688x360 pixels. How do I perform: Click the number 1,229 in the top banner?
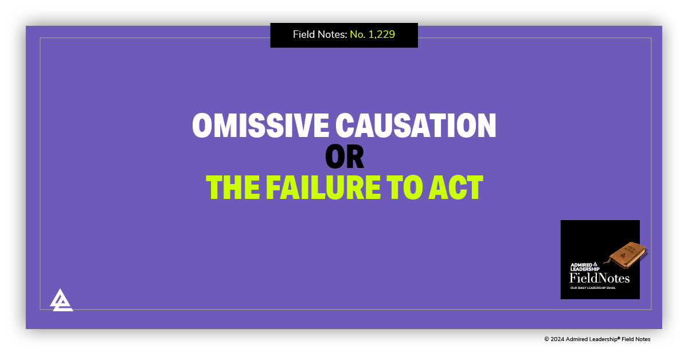pos(381,34)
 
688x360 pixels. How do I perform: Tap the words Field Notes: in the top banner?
pos(320,34)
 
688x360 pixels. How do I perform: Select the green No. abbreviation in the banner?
pos(357,34)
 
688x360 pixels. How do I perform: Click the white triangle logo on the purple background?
pos(61,300)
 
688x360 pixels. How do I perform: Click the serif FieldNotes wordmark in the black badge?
pos(599,279)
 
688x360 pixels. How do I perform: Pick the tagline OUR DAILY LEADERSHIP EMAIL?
pos(594,288)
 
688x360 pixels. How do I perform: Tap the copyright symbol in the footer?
pos(547,339)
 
